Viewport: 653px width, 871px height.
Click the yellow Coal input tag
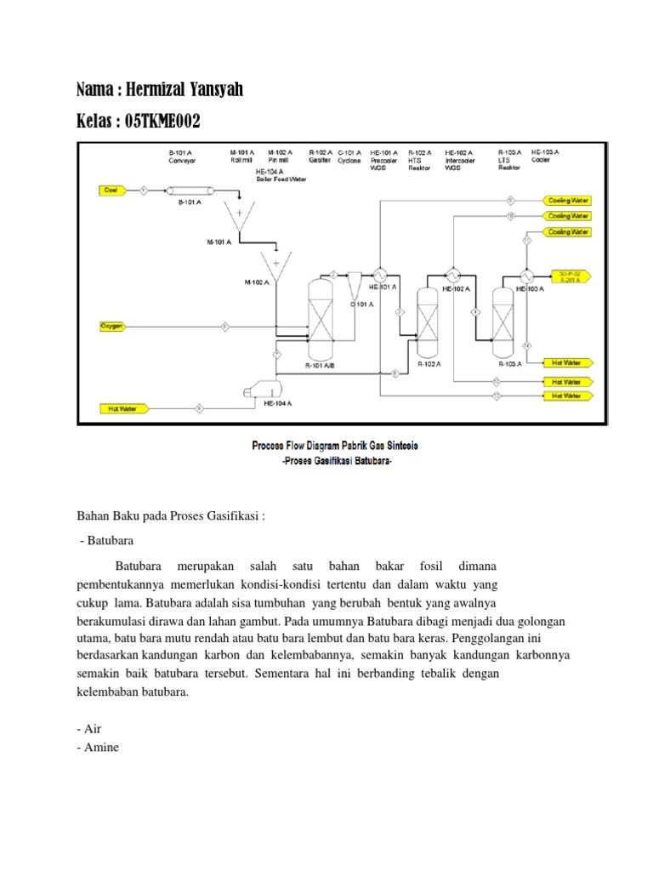[111, 190]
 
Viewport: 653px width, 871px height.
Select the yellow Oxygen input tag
[112, 326]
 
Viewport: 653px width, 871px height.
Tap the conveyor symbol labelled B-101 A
[190, 191]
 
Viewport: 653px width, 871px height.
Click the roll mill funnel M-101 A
[239, 216]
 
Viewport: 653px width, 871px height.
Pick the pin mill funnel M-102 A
[275, 267]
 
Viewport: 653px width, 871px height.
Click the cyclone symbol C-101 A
[354, 281]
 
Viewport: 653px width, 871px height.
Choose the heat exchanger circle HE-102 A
[453, 276]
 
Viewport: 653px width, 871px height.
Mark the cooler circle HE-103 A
[526, 276]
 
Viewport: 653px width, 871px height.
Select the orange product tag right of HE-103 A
[569, 275]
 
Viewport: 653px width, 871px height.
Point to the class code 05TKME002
[162, 122]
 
